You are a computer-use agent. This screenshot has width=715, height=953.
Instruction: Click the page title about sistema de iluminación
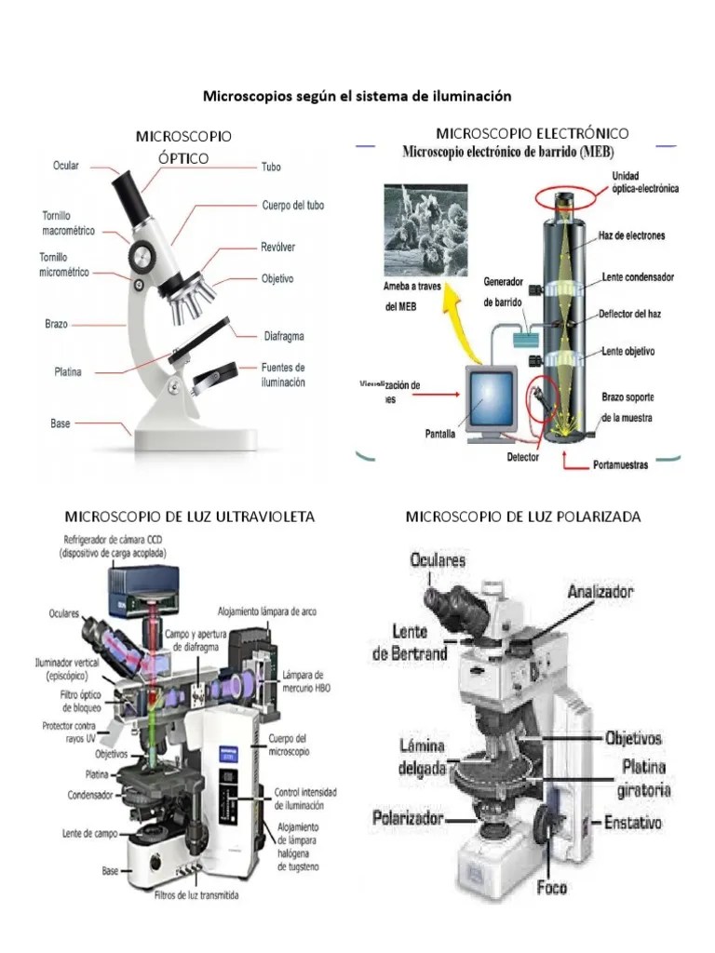click(357, 96)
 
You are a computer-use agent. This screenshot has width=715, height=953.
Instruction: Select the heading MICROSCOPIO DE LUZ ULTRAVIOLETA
click(189, 516)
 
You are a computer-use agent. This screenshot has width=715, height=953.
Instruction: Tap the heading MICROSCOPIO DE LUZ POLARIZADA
click(523, 516)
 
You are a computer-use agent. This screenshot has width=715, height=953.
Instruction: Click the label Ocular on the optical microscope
click(65, 166)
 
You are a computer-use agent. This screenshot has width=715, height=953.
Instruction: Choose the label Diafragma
click(284, 336)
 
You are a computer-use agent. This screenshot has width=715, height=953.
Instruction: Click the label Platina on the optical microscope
click(67, 372)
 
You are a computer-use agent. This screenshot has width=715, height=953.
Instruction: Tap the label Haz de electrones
click(632, 236)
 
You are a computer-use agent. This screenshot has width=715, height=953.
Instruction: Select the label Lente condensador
click(638, 277)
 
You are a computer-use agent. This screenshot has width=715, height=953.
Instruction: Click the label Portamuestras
click(621, 464)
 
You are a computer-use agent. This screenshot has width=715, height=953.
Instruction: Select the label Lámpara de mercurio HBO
click(304, 681)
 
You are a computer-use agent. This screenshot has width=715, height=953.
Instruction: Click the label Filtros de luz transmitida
click(196, 897)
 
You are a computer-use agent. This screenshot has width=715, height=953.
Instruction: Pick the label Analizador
click(601, 591)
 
